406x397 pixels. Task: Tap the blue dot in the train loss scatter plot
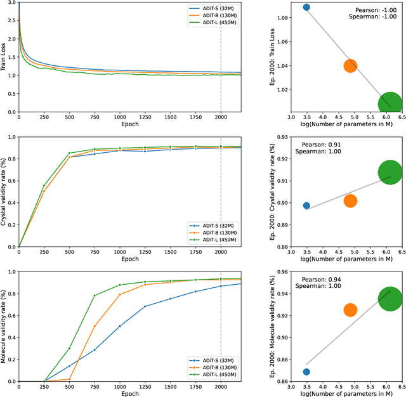(306, 7)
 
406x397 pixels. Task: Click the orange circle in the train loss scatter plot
(350, 65)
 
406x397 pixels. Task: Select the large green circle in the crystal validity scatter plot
(390, 172)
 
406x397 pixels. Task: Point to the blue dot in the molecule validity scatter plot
(306, 372)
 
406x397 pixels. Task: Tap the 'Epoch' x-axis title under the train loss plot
(129, 124)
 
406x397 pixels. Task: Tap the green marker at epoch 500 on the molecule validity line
(69, 348)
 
